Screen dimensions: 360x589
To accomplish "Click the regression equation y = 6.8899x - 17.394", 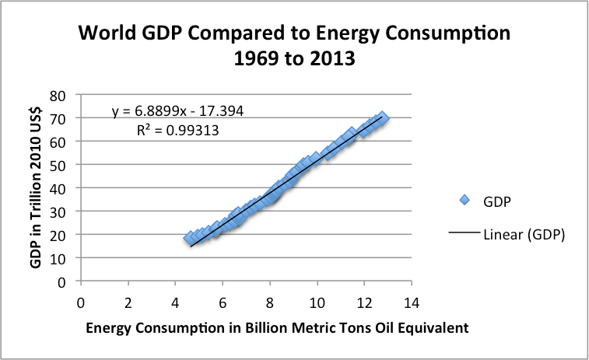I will point(177,113).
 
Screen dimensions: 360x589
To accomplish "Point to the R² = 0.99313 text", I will point(177,131).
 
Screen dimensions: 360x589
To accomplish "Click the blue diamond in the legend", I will point(465,200).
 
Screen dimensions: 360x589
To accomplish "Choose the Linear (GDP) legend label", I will point(523,234).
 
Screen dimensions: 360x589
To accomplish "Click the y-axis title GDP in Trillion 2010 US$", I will point(36,187).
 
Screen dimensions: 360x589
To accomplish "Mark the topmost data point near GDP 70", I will point(382,117).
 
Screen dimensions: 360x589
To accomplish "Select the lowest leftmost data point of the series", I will point(190,239).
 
